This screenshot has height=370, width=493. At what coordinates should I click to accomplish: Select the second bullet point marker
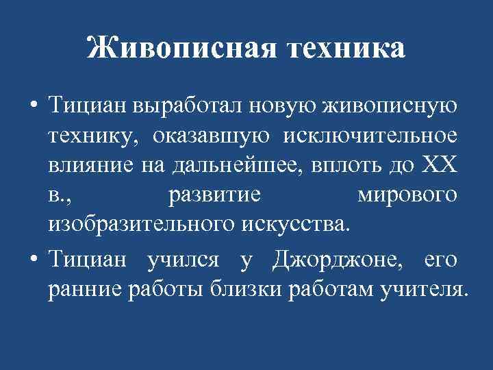[x=33, y=261]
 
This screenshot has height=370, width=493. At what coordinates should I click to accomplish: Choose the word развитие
[x=214, y=195]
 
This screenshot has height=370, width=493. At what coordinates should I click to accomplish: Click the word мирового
[x=407, y=195]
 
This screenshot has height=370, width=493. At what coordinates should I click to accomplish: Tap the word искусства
[x=295, y=224]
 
